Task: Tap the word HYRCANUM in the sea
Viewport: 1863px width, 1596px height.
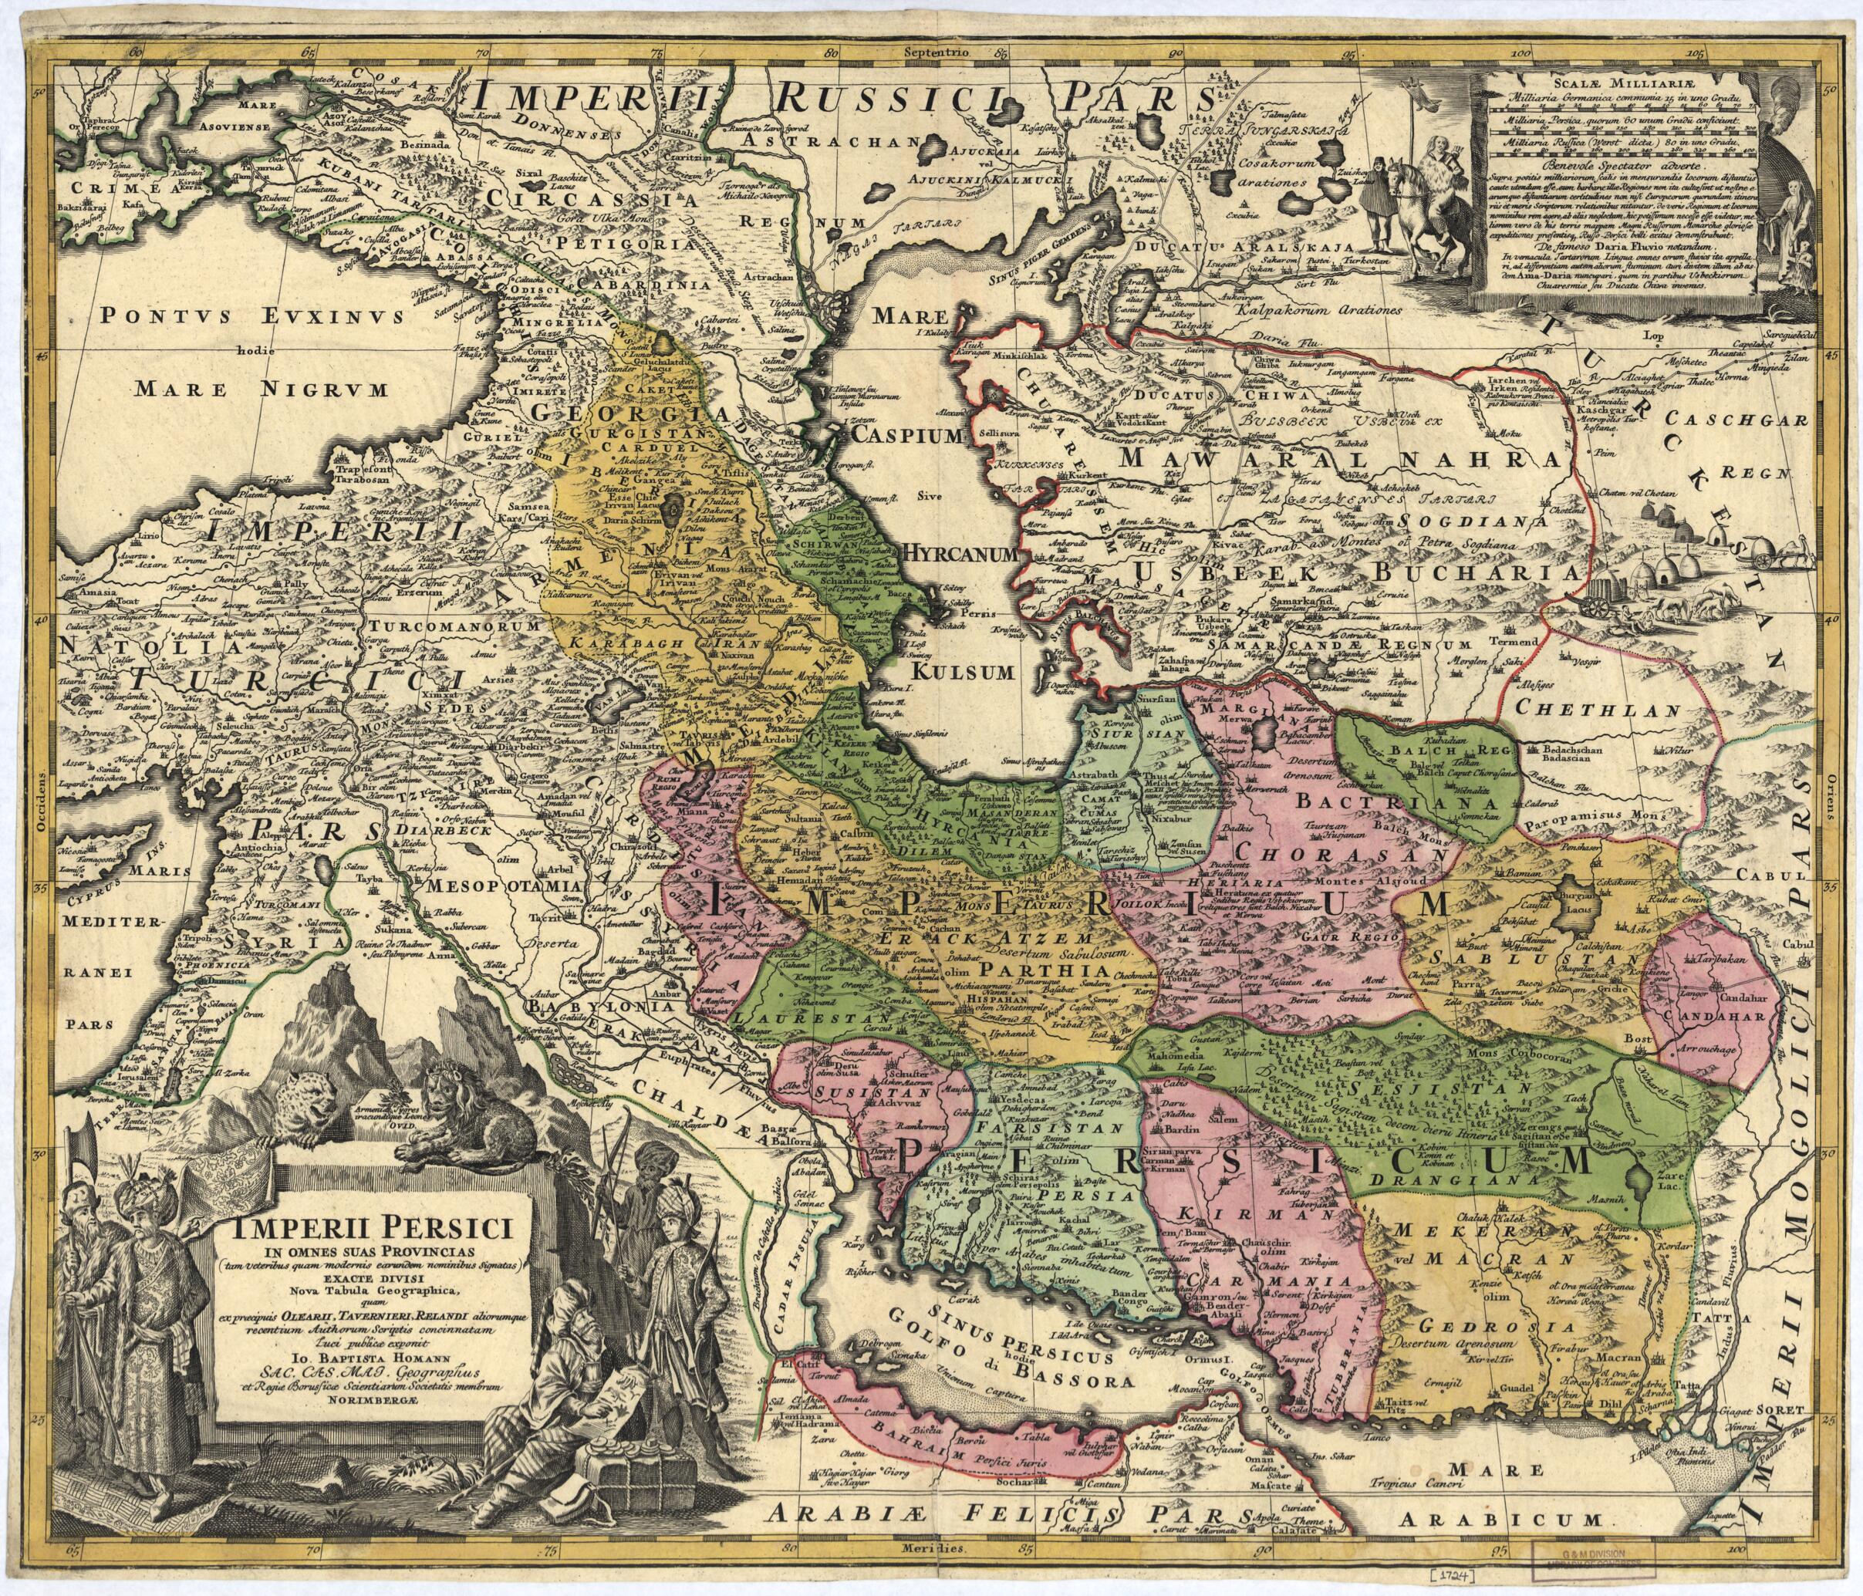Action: [x=960, y=555]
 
